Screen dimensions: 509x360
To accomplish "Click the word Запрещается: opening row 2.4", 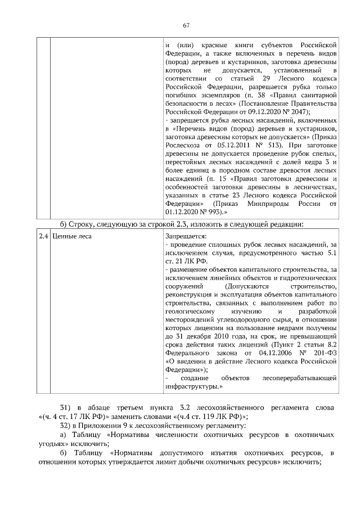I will [x=187, y=236].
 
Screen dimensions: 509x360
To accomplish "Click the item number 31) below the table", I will [x=66, y=407].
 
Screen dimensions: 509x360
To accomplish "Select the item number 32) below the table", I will [x=66, y=426].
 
